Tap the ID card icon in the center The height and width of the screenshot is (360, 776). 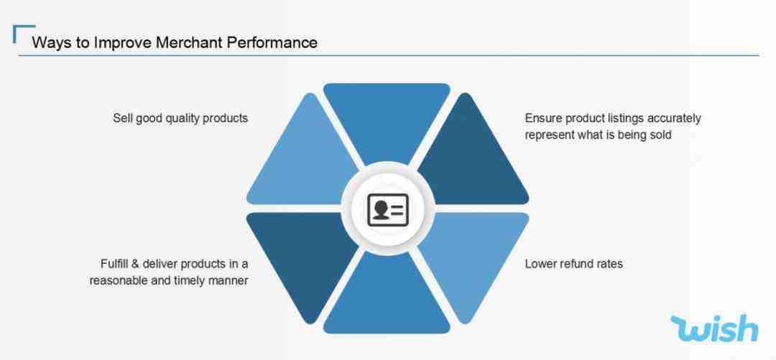(388, 210)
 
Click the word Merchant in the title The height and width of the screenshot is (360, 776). (190, 42)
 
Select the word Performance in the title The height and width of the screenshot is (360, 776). (272, 42)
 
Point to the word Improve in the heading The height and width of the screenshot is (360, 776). (123, 42)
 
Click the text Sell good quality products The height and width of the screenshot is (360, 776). (180, 119)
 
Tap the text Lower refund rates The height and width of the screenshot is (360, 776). (573, 264)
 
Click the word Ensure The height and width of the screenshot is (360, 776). (543, 119)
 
